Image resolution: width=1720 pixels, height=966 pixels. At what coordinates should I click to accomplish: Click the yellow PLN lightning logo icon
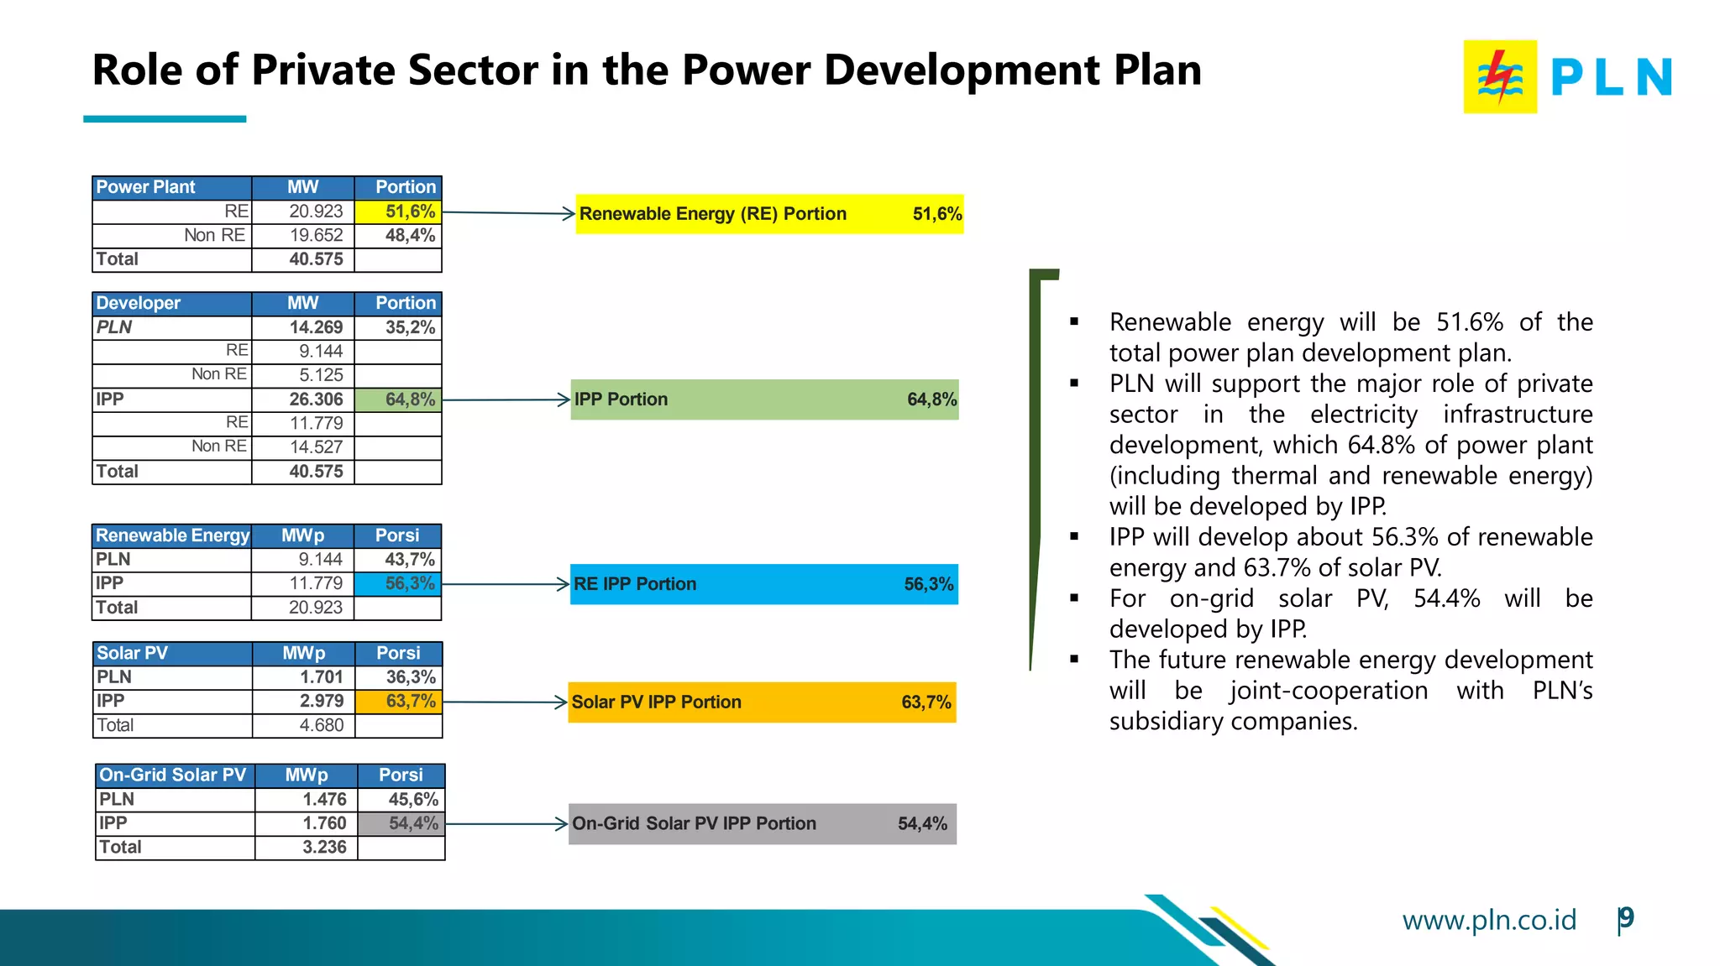[x=1500, y=76]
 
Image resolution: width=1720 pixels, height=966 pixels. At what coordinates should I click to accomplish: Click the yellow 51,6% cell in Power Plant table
[x=398, y=211]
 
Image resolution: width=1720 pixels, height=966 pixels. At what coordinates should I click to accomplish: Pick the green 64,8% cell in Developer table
[x=398, y=399]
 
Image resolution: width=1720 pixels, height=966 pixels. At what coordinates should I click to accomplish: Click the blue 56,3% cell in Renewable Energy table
[x=398, y=583]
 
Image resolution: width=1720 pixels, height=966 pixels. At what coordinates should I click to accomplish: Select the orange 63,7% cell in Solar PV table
[x=398, y=702]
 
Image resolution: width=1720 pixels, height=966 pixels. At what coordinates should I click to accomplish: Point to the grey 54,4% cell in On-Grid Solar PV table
[x=401, y=823]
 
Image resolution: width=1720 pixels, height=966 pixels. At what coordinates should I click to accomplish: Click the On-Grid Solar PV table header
[x=172, y=775]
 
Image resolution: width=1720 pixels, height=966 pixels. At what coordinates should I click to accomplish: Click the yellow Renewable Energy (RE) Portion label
[x=712, y=214]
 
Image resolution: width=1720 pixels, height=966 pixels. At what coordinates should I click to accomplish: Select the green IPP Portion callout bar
[x=764, y=399]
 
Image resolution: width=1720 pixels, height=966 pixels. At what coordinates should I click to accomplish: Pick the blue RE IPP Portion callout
[x=763, y=584]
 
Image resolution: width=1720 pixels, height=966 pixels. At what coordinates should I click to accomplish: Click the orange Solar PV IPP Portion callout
[x=762, y=702]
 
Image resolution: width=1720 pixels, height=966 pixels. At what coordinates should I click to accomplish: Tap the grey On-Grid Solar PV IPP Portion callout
[x=762, y=824]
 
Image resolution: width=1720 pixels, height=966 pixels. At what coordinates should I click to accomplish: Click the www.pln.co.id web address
[x=1488, y=920]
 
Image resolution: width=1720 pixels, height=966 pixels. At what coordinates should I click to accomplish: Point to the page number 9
[x=1627, y=918]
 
